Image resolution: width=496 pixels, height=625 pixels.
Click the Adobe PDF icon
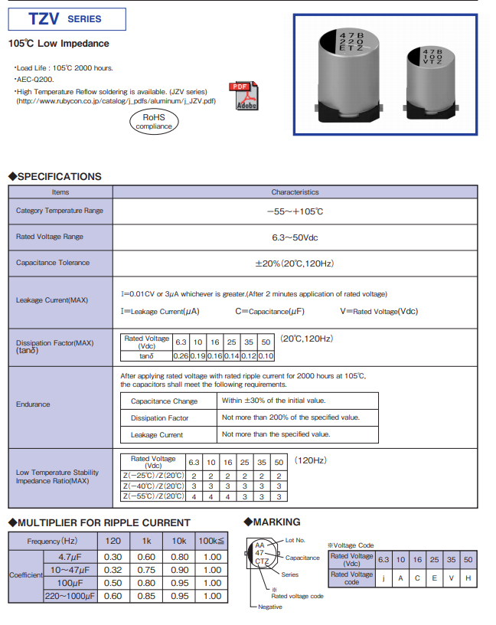tap(245, 96)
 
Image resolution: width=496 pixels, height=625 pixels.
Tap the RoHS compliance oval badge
tap(153, 121)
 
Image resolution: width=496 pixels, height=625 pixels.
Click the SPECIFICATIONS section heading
tap(54, 176)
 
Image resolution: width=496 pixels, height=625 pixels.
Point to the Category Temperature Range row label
tap(59, 211)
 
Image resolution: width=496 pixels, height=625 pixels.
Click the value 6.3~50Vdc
tap(295, 237)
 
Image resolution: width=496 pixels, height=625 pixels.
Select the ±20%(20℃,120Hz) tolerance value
tap(295, 263)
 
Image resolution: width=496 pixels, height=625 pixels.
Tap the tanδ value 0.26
tap(181, 356)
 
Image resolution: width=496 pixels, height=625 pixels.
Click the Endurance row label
tap(33, 404)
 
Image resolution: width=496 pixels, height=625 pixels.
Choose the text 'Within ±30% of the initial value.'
tap(273, 401)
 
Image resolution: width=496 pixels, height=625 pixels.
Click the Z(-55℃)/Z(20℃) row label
tap(153, 496)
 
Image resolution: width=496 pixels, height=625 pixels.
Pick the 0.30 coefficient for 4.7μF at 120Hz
tap(113, 557)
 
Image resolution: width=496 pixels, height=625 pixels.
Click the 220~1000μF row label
tap(67, 596)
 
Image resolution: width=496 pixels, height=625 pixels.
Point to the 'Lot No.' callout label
tap(295, 541)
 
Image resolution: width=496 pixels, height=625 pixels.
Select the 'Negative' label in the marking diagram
tap(269, 607)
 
